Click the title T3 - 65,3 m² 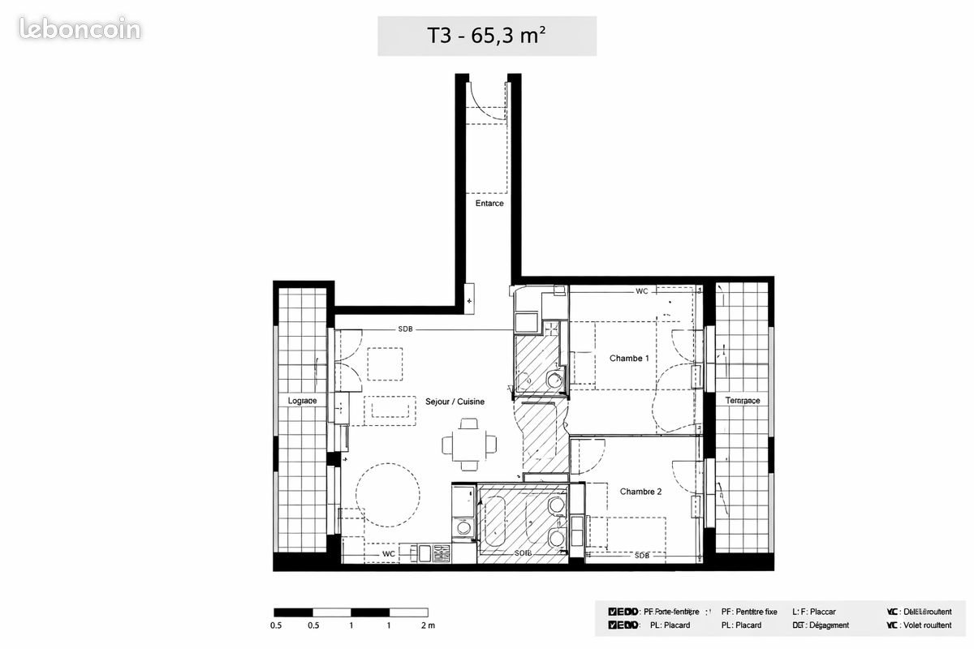pos(486,36)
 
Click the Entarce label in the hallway pos(489,204)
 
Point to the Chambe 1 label pos(629,358)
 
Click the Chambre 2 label pos(641,492)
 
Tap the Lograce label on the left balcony pos(302,402)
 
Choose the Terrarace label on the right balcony pos(742,401)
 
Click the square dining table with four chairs pos(468,444)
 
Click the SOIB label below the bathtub pos(524,554)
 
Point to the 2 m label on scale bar pos(428,625)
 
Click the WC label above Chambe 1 pos(641,290)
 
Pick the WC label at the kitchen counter pos(389,554)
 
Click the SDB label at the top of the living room pos(405,329)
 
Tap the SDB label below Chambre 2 pos(641,556)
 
